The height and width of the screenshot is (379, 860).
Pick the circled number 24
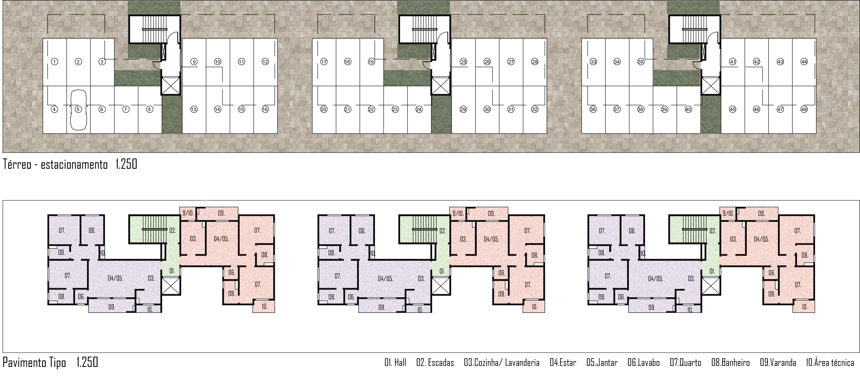419,109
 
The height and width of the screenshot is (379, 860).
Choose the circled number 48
804,109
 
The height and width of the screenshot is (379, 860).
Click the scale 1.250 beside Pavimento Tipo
87,362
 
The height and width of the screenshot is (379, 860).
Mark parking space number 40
688,109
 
